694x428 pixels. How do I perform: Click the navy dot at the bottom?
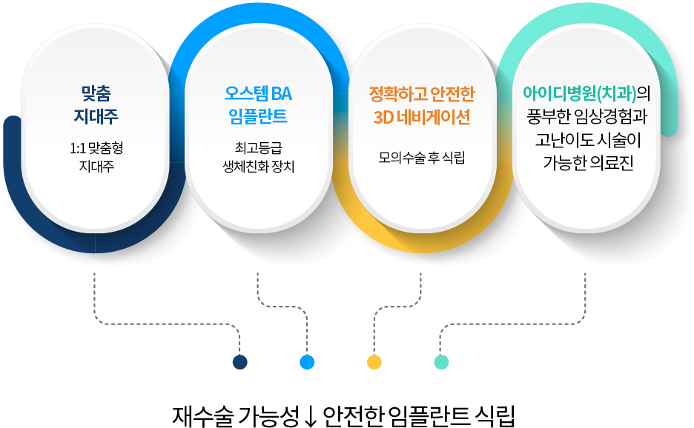pos(239,362)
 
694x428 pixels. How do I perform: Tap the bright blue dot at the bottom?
pos(307,362)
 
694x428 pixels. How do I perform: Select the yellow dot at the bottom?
pos(374,362)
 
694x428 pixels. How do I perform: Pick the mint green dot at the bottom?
pos(441,362)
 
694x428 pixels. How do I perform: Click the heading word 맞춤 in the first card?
pos(96,94)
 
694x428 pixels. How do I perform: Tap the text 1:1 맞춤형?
pos(96,149)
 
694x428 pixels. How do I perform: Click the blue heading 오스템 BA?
pos(258,94)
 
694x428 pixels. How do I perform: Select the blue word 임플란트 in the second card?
pos(258,117)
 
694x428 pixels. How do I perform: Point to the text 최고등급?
pos(258,149)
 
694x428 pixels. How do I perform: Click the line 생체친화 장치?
pos(258,167)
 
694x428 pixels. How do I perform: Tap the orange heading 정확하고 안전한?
pos(421,94)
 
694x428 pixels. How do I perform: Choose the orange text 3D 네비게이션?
pos(421,117)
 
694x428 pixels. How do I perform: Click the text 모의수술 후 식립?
pos(421,158)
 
